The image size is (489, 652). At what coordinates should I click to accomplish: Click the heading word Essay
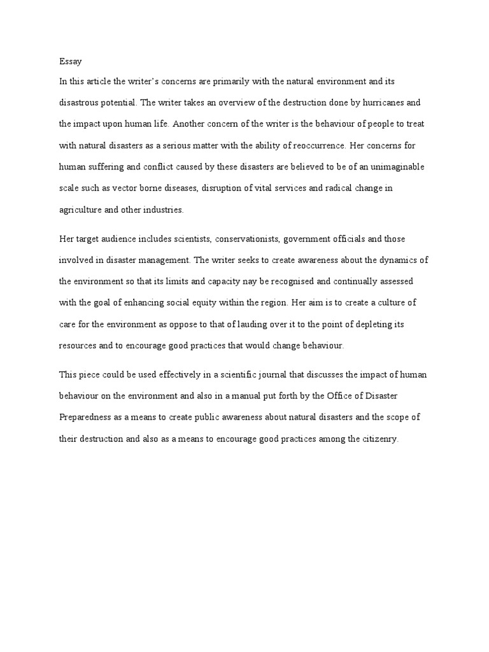coord(67,62)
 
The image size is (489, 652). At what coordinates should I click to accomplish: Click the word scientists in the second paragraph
coord(189,239)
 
